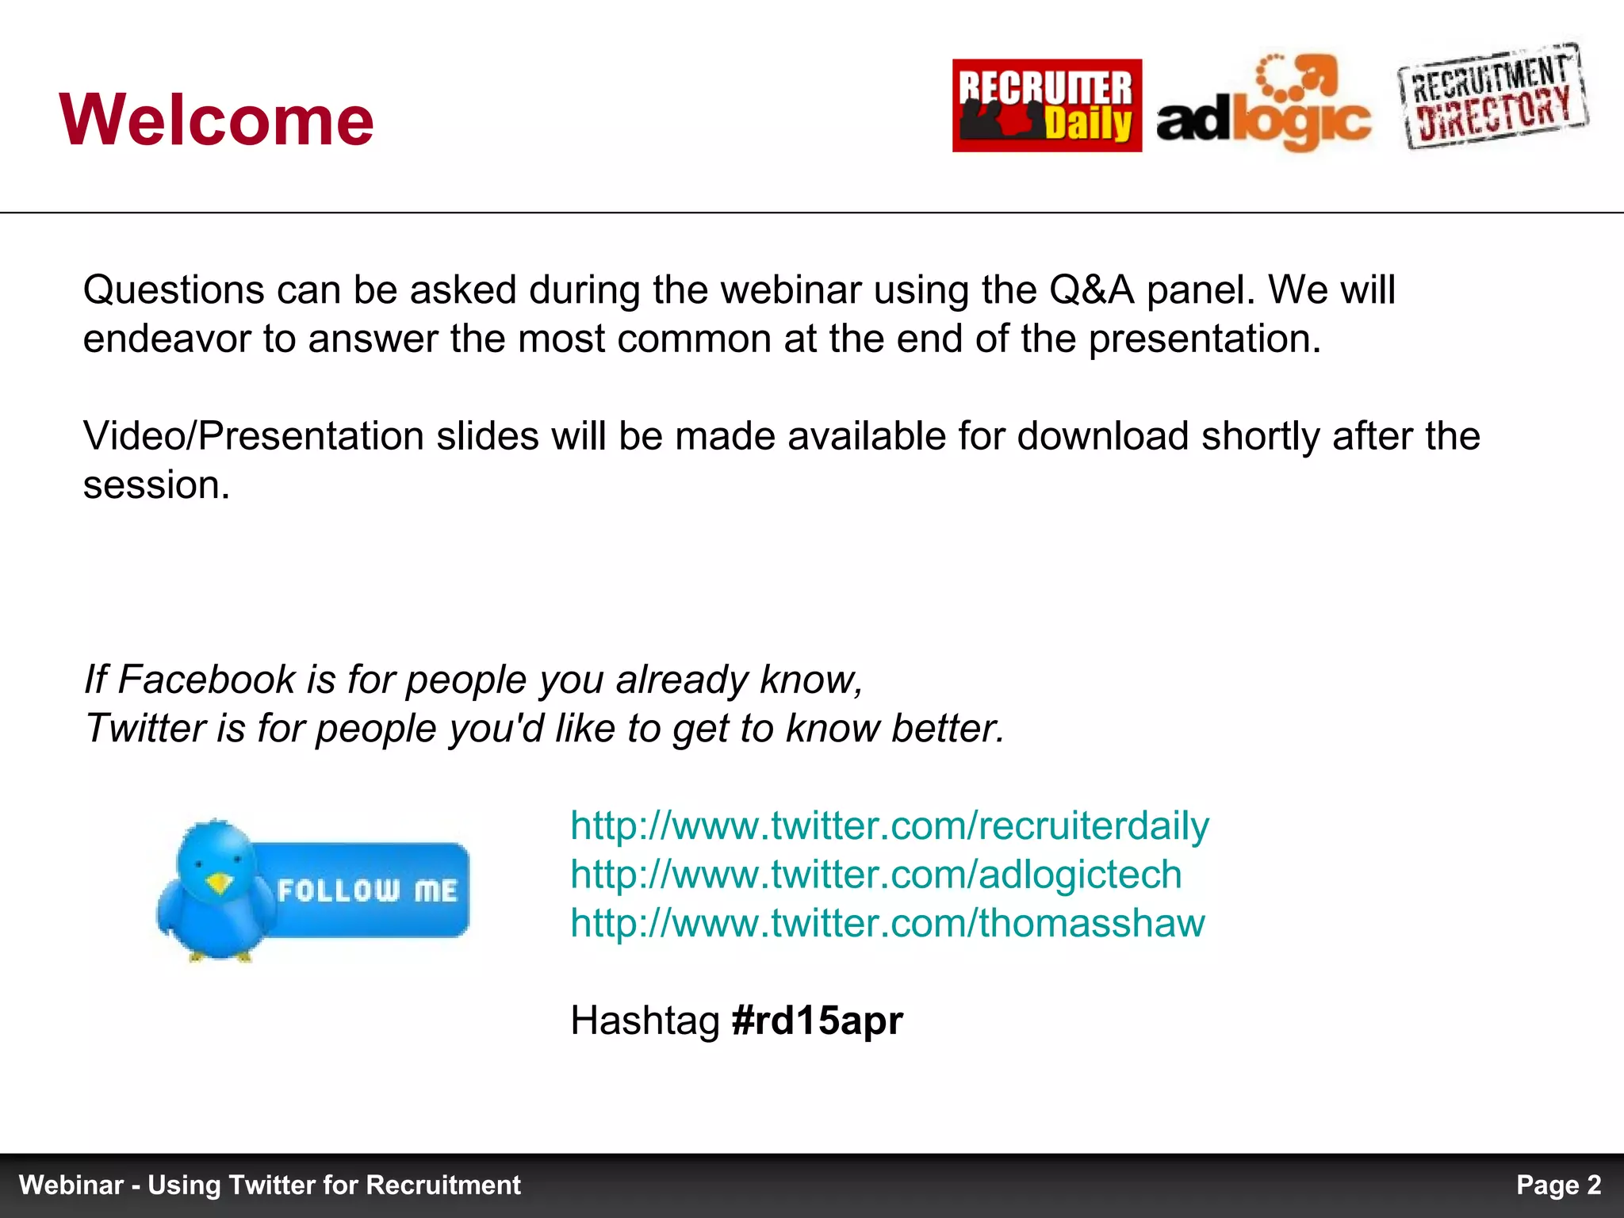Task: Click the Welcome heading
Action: [x=216, y=120]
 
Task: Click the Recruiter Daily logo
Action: [x=1047, y=105]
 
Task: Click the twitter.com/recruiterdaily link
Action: [x=890, y=826]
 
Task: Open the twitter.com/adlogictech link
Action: [x=876, y=875]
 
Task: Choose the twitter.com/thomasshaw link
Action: [x=887, y=924]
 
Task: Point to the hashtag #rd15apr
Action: [x=817, y=1021]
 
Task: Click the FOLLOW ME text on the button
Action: [x=367, y=891]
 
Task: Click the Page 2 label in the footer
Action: [x=1558, y=1185]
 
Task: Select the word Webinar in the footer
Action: [x=71, y=1185]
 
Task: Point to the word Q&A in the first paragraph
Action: [x=1092, y=290]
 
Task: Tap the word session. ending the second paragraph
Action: [x=156, y=485]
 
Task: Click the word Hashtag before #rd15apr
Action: [x=645, y=1021]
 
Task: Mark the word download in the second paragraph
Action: [x=1103, y=437]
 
